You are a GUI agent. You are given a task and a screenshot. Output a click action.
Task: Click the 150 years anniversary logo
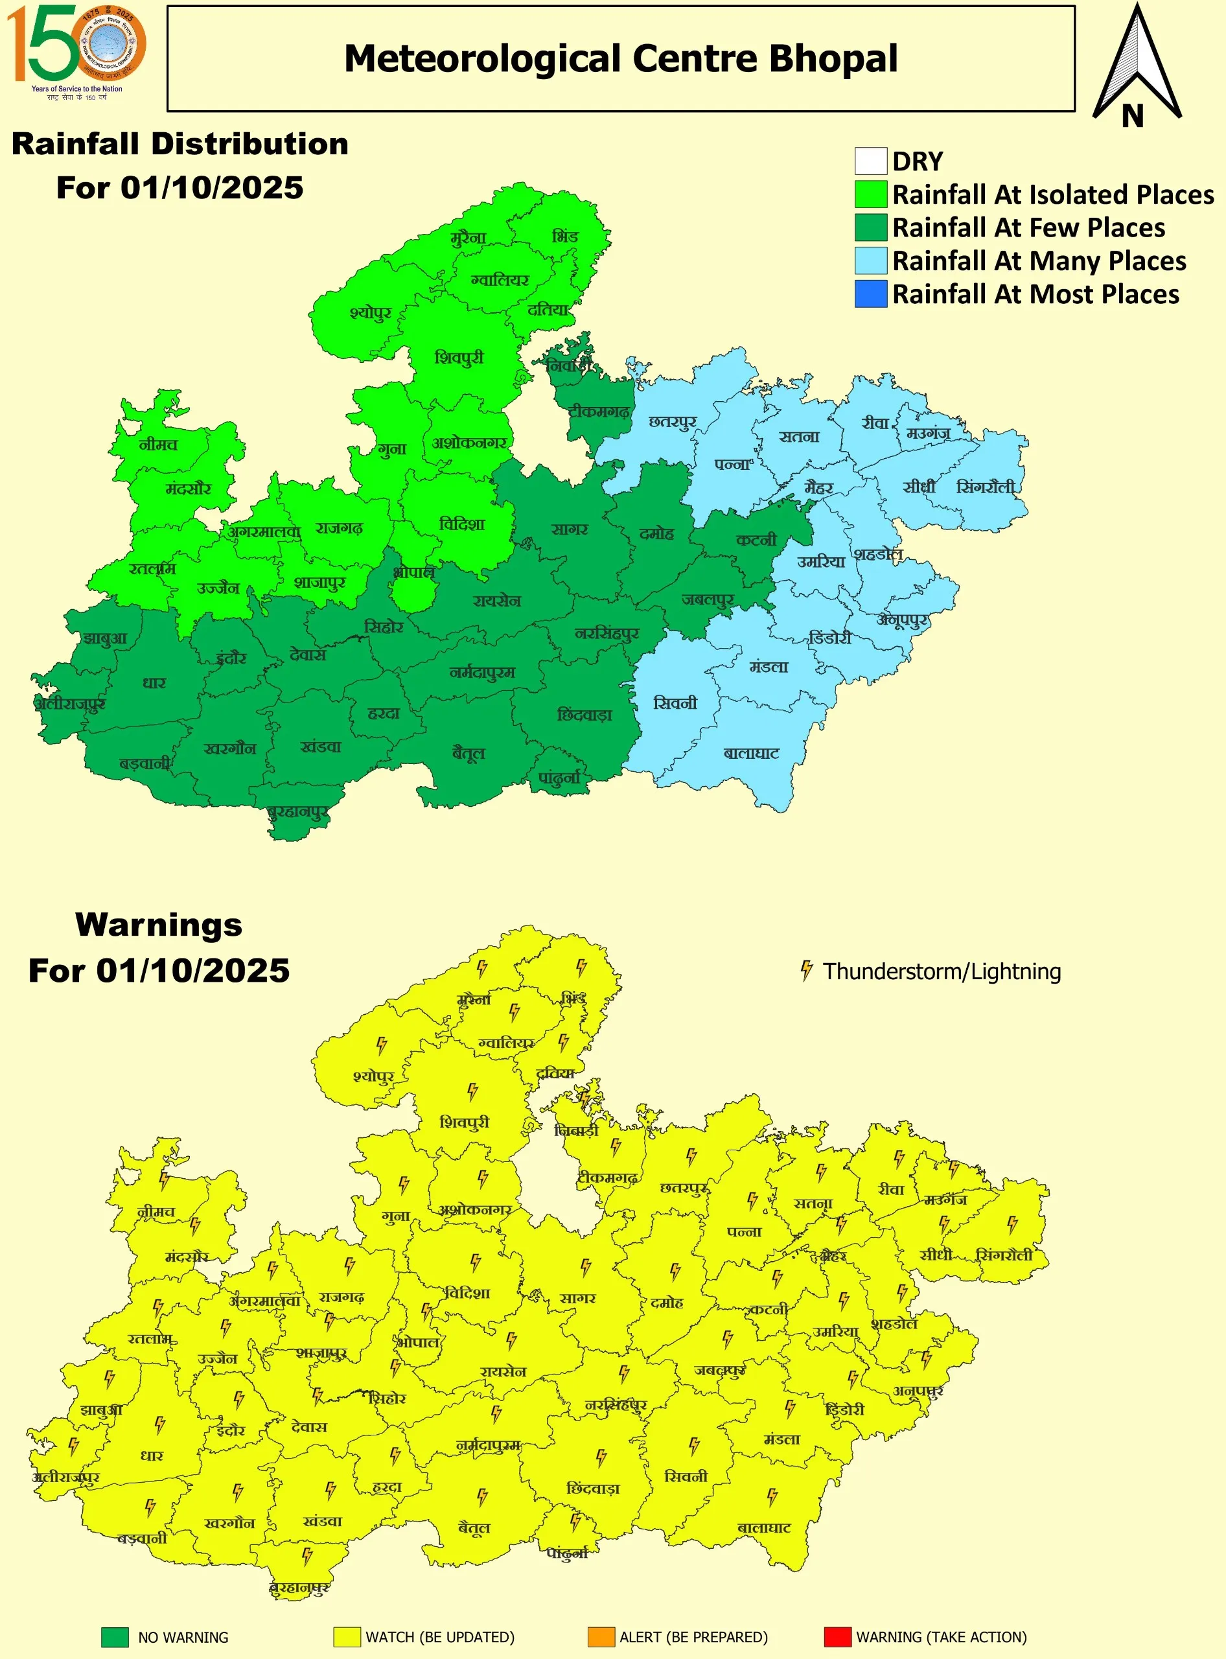pos(76,51)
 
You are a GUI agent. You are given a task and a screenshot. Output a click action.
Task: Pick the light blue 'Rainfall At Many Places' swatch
pos(870,261)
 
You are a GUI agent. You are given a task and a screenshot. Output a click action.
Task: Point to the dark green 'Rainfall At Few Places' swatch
pos(870,227)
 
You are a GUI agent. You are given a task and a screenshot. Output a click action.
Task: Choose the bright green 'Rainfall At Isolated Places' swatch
pos(870,194)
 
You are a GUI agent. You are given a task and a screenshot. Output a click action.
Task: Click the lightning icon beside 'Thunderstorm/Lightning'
pos(806,970)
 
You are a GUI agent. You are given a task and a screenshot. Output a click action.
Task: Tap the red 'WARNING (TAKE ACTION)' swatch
pos(837,1637)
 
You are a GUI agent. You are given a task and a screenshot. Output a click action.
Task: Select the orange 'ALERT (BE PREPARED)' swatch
pos(601,1637)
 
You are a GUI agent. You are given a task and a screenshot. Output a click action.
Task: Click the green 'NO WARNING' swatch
pos(115,1637)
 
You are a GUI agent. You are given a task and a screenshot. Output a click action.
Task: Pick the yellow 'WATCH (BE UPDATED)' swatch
pos(347,1637)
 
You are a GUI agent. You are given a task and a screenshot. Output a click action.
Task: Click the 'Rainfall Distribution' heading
pos(180,144)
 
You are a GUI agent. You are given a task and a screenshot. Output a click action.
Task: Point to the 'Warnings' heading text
pos(159,925)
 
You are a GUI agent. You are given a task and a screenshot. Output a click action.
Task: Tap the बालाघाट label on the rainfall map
pos(751,754)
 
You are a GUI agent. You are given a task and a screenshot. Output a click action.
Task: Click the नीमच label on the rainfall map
pos(158,445)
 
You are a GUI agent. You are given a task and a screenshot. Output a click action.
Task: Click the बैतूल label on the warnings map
pos(474,1527)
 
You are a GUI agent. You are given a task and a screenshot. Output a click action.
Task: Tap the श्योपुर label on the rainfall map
pos(370,313)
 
